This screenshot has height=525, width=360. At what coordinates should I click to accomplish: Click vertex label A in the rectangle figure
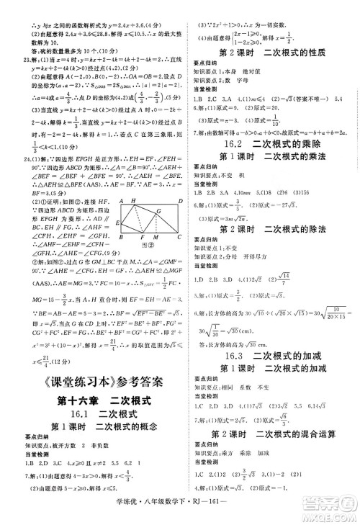point(122,201)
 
